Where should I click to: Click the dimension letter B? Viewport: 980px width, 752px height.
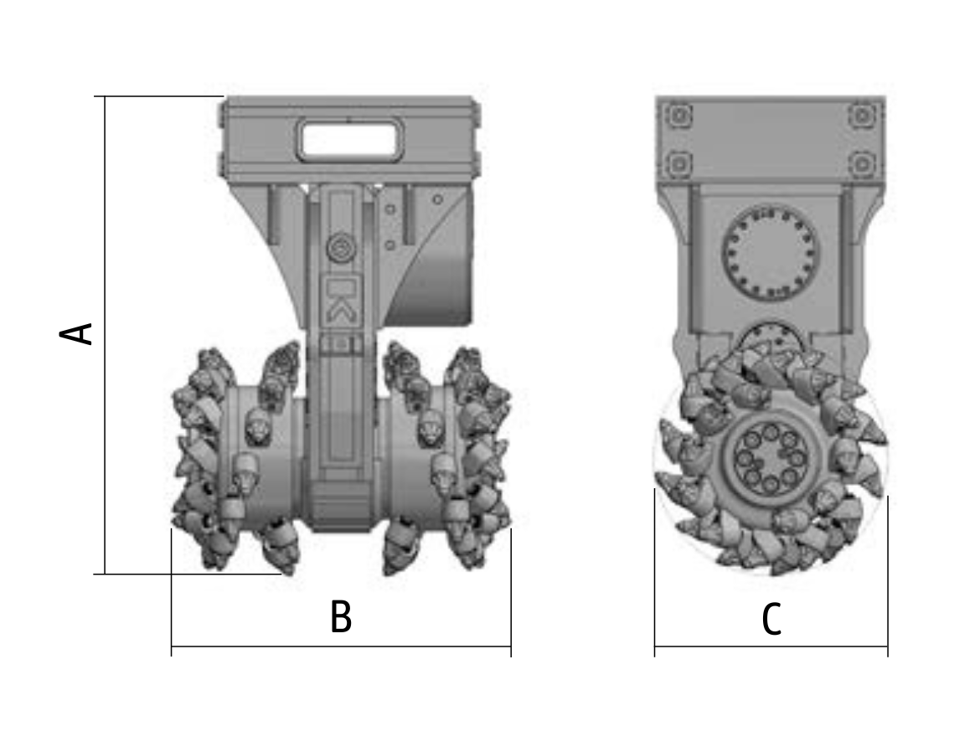341,616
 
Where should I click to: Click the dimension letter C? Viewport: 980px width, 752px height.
772,619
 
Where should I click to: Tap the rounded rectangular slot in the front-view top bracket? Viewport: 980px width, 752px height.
348,140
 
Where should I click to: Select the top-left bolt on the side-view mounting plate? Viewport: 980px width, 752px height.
678,116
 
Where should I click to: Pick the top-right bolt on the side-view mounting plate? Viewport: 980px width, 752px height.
862,116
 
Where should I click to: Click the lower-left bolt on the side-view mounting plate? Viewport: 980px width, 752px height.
678,164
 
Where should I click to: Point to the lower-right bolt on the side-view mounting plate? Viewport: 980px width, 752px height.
862,164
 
